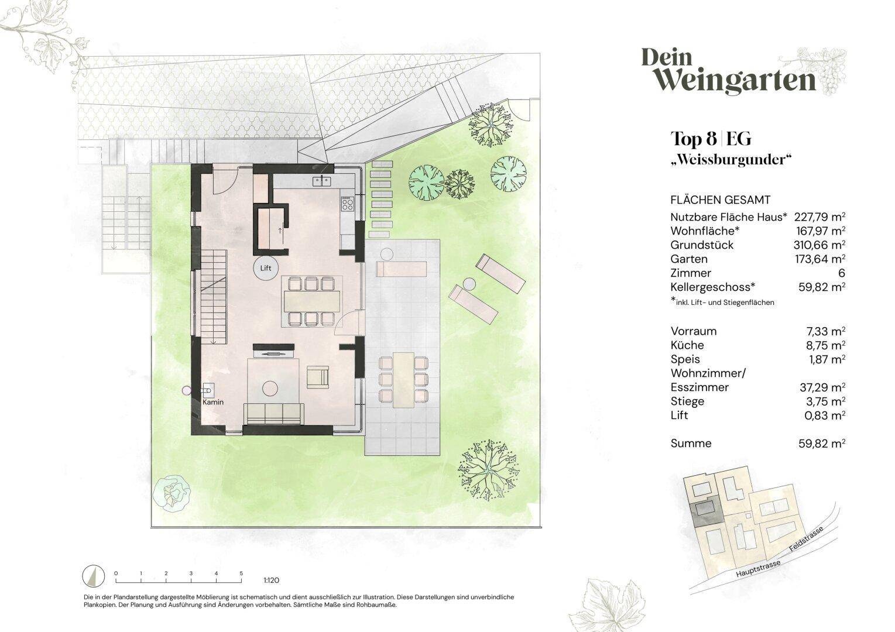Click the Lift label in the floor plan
point(266,268)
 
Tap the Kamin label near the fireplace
point(213,402)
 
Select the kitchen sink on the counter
point(321,181)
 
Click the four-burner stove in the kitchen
point(347,204)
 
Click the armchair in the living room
point(318,377)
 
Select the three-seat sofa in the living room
point(274,414)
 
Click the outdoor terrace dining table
point(403,380)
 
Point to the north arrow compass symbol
point(94,576)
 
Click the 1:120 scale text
point(271,581)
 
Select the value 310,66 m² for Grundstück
point(819,245)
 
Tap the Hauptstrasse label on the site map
point(758,569)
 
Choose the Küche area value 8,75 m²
point(825,345)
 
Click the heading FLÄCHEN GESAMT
point(721,200)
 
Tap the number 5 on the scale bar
point(241,573)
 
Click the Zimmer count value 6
point(842,273)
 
